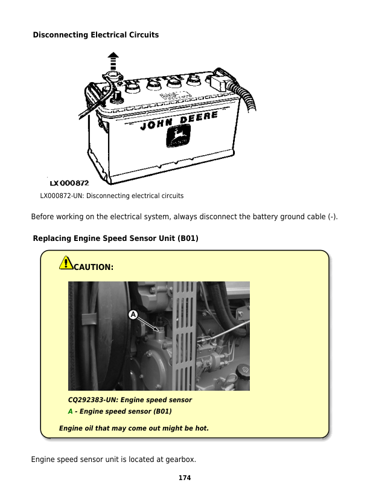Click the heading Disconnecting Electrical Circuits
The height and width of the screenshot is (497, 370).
click(95, 35)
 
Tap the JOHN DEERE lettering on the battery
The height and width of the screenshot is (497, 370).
click(179, 121)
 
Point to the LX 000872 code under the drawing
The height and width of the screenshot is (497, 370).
click(69, 183)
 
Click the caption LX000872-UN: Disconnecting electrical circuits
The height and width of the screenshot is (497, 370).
click(112, 196)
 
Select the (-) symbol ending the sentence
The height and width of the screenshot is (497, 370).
click(332, 217)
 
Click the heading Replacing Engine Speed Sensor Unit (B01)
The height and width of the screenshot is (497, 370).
click(115, 239)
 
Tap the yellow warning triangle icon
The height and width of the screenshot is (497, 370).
click(66, 263)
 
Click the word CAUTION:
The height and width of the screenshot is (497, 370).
click(93, 266)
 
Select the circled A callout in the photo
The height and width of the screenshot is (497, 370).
click(133, 314)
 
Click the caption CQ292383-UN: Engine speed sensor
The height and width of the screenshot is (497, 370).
click(130, 400)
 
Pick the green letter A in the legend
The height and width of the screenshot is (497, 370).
click(70, 411)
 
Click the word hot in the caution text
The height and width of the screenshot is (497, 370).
click(201, 428)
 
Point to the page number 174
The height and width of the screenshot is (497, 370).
click(185, 478)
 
